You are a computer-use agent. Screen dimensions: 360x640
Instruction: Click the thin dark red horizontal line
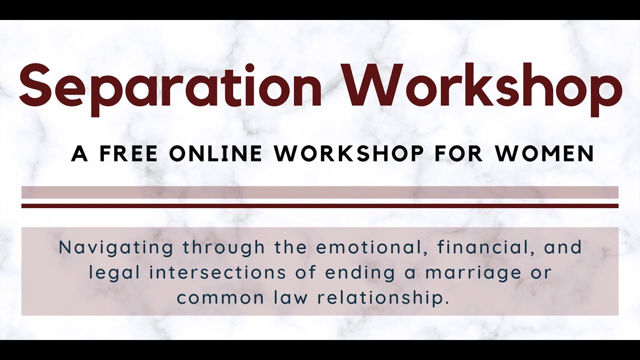click(x=320, y=205)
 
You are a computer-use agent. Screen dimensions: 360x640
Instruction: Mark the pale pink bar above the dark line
click(x=320, y=192)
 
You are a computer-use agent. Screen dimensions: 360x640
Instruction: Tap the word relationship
click(x=380, y=298)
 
